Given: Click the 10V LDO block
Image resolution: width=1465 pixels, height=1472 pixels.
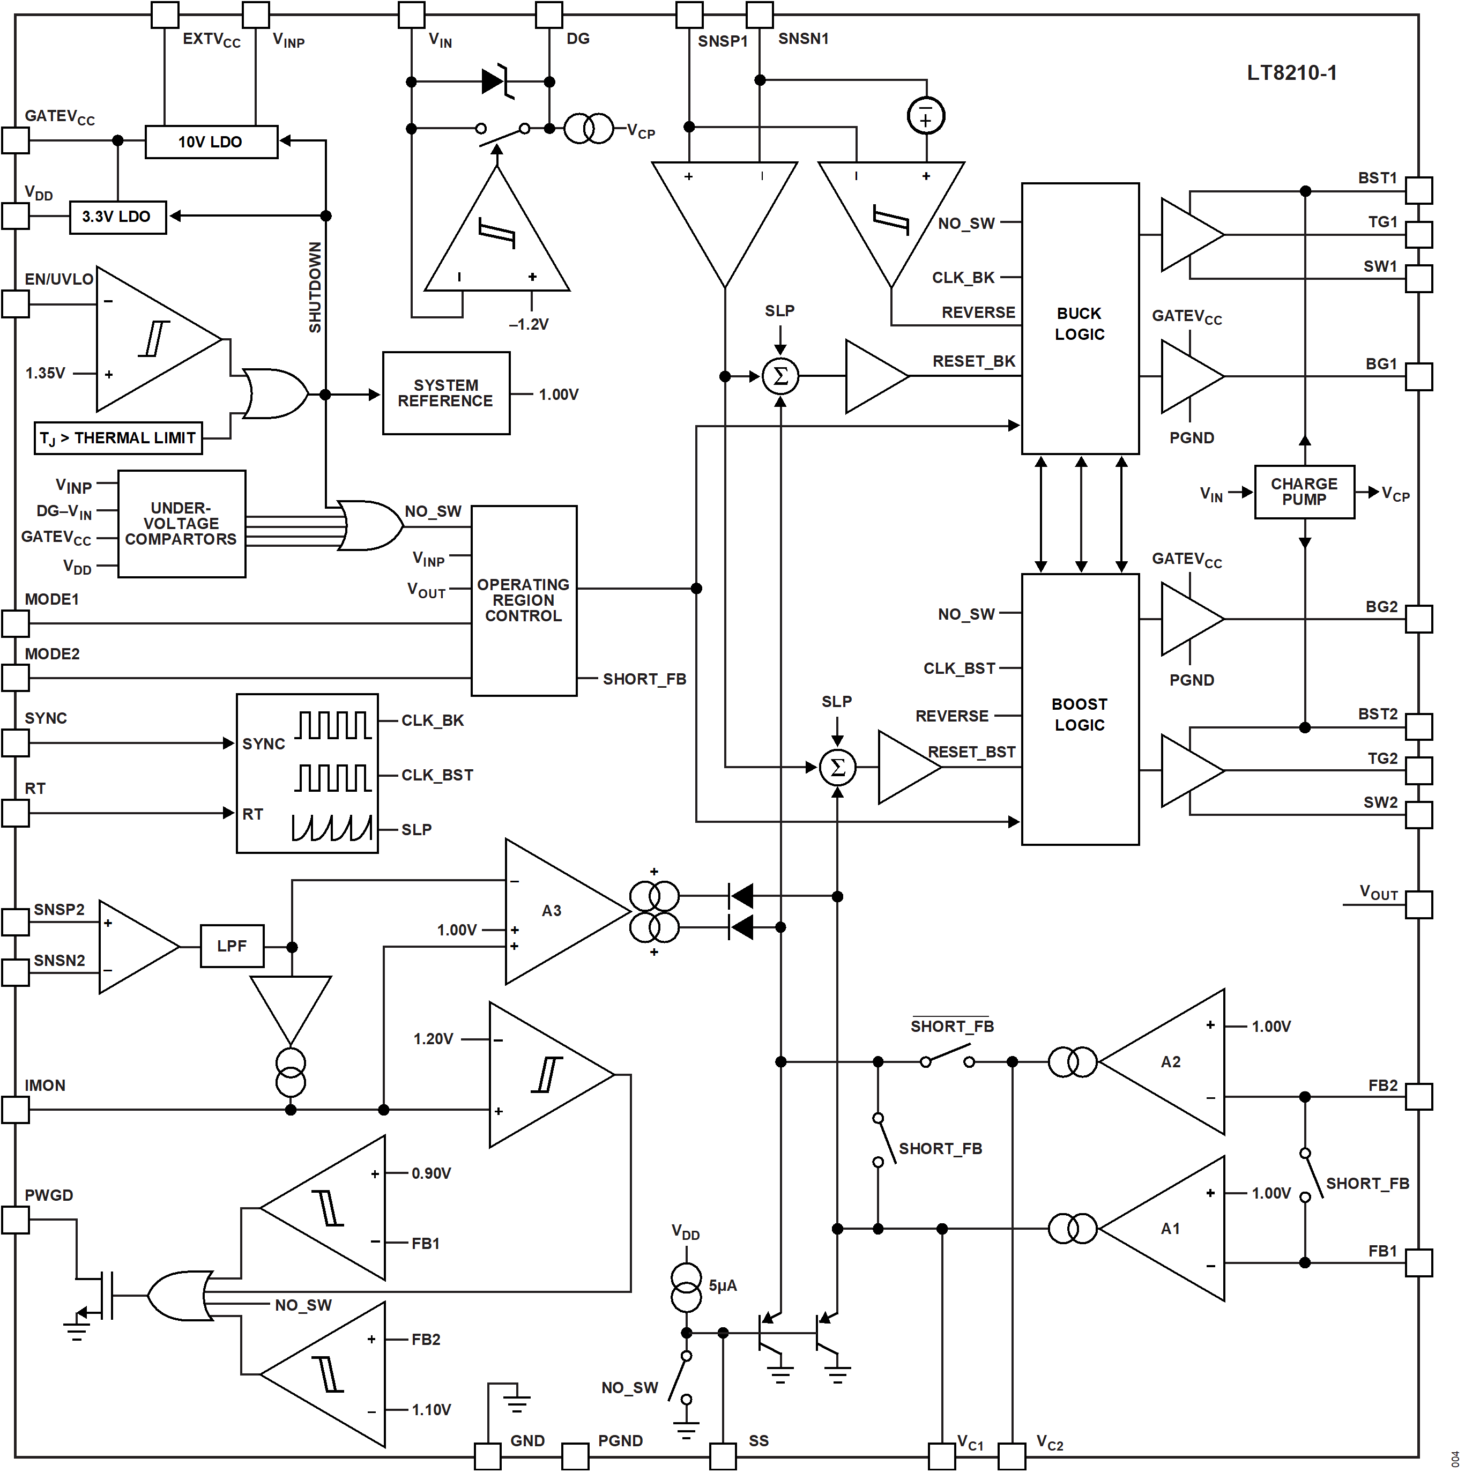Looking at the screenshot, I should [x=211, y=142].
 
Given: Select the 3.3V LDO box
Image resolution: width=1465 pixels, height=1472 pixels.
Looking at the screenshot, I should [x=117, y=217].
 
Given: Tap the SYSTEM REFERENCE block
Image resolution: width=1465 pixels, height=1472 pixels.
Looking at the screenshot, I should [x=445, y=393].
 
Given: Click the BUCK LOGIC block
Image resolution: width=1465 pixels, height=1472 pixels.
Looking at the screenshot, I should [x=1080, y=318].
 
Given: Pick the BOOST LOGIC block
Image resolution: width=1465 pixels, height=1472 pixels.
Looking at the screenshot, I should [x=1080, y=709].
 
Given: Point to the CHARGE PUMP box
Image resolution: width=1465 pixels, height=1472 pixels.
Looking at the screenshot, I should [x=1304, y=492].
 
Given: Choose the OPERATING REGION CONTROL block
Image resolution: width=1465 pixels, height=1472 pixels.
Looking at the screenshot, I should [x=523, y=600].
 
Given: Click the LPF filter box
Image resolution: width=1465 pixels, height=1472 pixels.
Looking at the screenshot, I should [x=232, y=946].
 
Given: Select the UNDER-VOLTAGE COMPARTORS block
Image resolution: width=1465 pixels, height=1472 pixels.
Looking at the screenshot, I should [x=181, y=523].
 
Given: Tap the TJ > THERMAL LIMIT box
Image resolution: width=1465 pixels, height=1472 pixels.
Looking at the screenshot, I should [x=118, y=438].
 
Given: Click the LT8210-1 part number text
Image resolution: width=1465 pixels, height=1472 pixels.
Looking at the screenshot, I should [x=1291, y=73].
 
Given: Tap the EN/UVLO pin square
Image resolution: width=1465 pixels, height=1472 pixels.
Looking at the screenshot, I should [x=15, y=304].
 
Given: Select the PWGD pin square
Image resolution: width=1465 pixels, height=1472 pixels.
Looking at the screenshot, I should [x=15, y=1220].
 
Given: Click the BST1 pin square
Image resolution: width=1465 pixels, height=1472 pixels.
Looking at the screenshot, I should [x=1418, y=190].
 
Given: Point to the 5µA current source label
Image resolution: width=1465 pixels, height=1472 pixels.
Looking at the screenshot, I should [x=722, y=1286].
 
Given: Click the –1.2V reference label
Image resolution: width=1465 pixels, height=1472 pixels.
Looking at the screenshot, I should [x=529, y=324].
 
